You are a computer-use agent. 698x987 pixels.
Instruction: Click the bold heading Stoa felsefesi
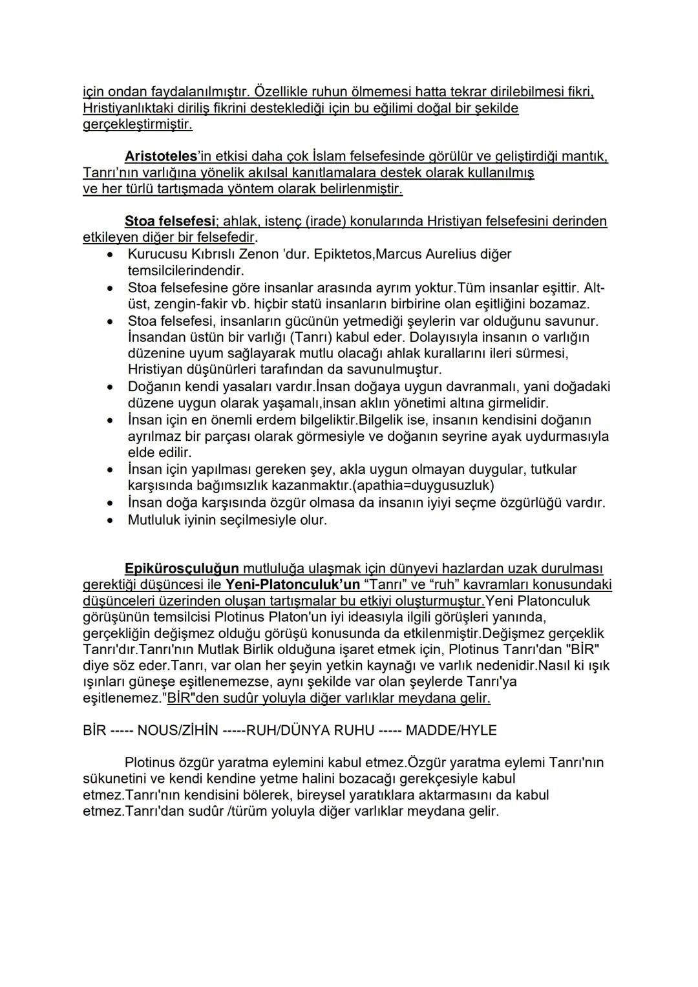[x=169, y=222]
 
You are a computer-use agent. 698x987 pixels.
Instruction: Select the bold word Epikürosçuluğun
[x=182, y=569]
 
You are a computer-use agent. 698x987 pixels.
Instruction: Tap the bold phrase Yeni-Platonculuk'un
[x=292, y=585]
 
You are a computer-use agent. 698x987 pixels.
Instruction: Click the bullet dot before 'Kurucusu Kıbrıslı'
[x=113, y=255]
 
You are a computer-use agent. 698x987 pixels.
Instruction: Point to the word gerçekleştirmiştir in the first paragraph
[x=137, y=124]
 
